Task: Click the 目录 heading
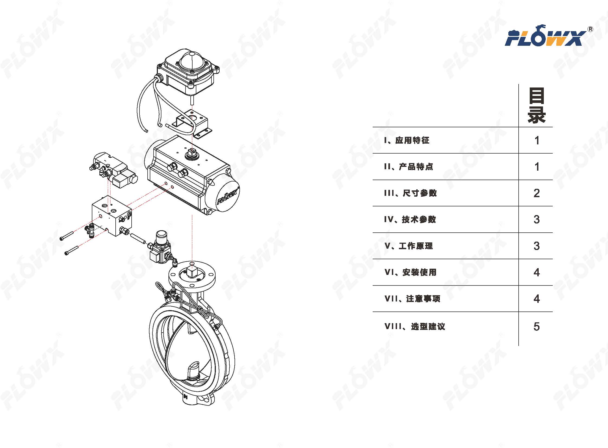(x=537, y=105)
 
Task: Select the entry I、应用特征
(x=407, y=140)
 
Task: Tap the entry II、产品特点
(x=408, y=167)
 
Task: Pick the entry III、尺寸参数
(x=410, y=193)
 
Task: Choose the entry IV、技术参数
(x=410, y=219)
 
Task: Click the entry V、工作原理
(x=409, y=246)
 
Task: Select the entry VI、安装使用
(x=411, y=272)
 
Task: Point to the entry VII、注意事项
(x=412, y=298)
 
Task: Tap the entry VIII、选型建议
(x=415, y=326)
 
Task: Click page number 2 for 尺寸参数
(x=537, y=193)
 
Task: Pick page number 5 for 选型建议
(x=537, y=326)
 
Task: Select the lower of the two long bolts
(x=71, y=250)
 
